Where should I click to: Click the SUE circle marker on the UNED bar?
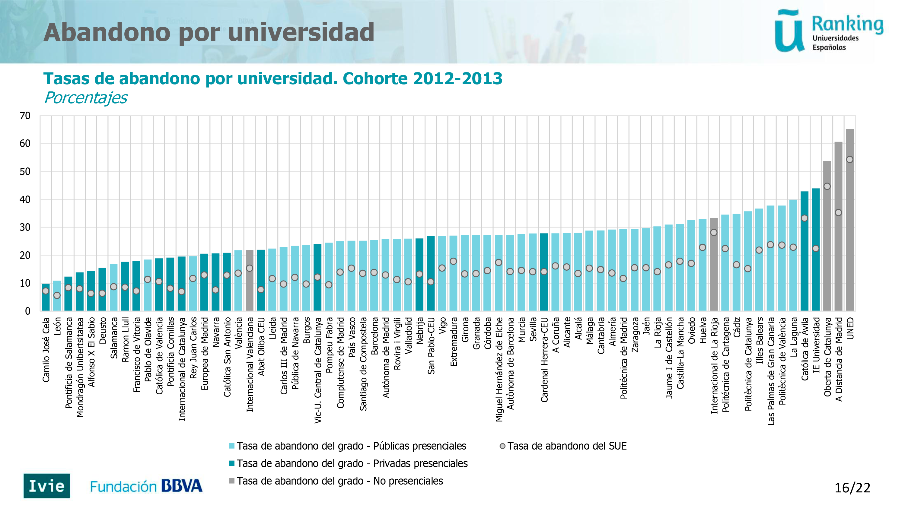[849, 160]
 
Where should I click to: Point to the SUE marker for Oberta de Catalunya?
[827, 186]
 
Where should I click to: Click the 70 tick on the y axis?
[25, 116]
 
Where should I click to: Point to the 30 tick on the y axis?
[25, 227]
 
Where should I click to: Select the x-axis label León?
[57, 326]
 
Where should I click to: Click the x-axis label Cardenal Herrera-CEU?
[544, 360]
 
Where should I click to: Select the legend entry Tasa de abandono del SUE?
[566, 446]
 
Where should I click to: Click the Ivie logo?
[47, 486]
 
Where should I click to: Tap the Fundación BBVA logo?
[146, 486]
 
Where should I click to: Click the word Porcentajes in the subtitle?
[86, 98]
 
